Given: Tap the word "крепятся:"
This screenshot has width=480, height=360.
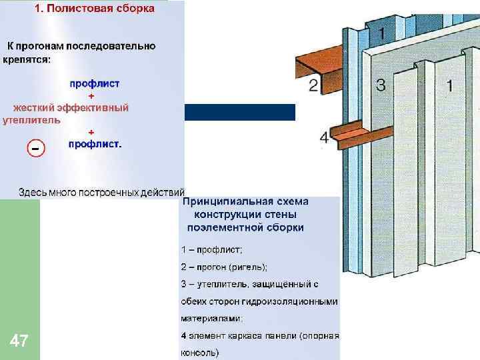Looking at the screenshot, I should click(x=26, y=59).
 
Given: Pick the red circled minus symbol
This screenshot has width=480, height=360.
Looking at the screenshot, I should click(x=36, y=147).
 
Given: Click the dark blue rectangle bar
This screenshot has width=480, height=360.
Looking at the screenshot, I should click(x=239, y=112).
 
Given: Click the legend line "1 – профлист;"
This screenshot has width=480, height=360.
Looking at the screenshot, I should click(x=212, y=249).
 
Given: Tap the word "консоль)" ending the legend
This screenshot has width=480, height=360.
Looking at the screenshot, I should click(x=200, y=352).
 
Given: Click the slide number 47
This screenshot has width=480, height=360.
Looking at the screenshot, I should click(x=19, y=342).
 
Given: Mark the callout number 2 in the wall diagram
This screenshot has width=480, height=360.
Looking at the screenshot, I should click(x=313, y=85).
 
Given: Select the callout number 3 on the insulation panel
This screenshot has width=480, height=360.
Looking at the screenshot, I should click(x=381, y=85).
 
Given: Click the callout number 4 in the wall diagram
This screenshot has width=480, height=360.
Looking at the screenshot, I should click(x=324, y=138).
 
